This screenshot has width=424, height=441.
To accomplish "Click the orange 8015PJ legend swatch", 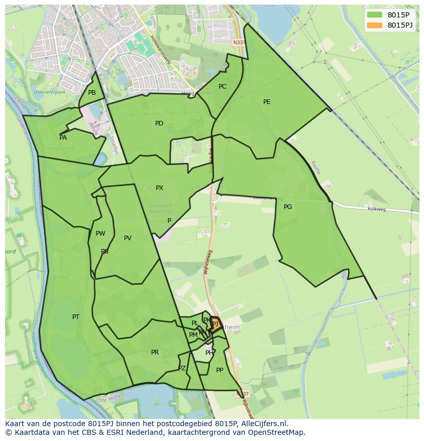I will click(x=374, y=25).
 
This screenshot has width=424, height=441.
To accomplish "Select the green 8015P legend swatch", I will click(x=374, y=15).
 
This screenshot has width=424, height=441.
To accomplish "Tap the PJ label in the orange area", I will click(x=215, y=324).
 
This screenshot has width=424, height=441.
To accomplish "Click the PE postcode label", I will click(x=267, y=102).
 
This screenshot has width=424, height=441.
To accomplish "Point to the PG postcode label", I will click(x=288, y=207).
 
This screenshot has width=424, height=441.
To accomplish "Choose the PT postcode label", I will click(x=76, y=317).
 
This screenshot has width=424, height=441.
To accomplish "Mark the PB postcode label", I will click(x=92, y=93).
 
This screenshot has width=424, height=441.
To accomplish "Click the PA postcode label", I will click(x=63, y=138).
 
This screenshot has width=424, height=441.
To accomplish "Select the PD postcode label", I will click(x=159, y=123).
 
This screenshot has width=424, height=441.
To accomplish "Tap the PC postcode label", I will click(x=222, y=87).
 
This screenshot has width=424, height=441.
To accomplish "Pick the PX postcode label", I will click(x=159, y=188).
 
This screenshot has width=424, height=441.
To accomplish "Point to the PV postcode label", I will click(x=128, y=238).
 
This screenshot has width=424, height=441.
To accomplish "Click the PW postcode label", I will click(x=100, y=234).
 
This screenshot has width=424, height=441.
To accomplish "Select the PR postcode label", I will click(x=155, y=352).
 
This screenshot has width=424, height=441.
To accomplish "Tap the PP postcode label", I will click(x=220, y=370).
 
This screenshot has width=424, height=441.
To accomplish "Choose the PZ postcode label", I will click(x=182, y=368).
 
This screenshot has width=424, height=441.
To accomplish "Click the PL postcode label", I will click(x=195, y=323).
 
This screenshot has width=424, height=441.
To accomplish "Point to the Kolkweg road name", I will click(x=376, y=209).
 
